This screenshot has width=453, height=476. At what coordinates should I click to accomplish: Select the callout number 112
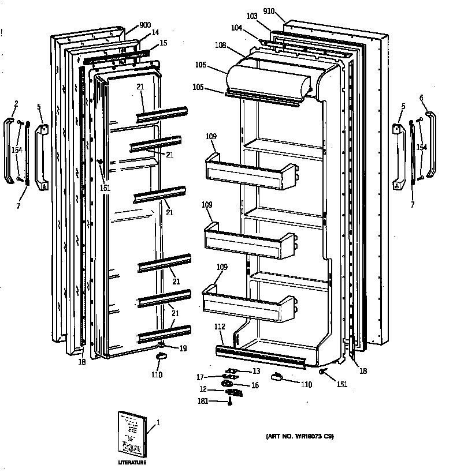tap(220, 327)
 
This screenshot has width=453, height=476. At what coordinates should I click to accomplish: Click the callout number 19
tap(183, 348)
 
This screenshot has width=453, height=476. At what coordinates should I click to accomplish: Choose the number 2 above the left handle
tap(16, 104)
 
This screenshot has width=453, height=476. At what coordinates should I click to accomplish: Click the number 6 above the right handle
tap(422, 98)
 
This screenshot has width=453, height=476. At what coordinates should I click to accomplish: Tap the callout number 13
tap(257, 371)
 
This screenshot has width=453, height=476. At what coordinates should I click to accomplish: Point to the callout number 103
tap(251, 18)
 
